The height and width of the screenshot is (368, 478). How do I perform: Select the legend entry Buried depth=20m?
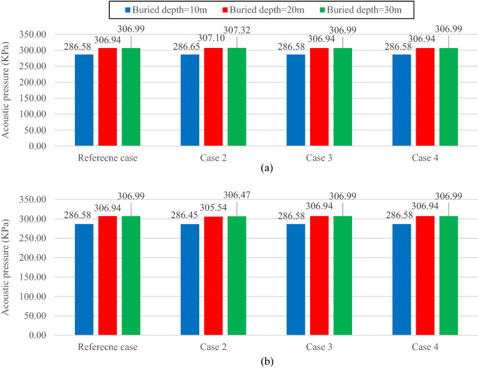(254, 10)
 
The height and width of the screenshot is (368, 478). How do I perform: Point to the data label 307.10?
(214, 38)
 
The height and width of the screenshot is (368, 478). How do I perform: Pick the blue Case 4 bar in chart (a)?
(401, 100)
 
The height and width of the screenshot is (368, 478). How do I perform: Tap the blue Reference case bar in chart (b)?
(84, 270)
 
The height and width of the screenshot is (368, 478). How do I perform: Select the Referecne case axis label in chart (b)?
(107, 346)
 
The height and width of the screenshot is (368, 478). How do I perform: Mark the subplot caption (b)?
(266, 361)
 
